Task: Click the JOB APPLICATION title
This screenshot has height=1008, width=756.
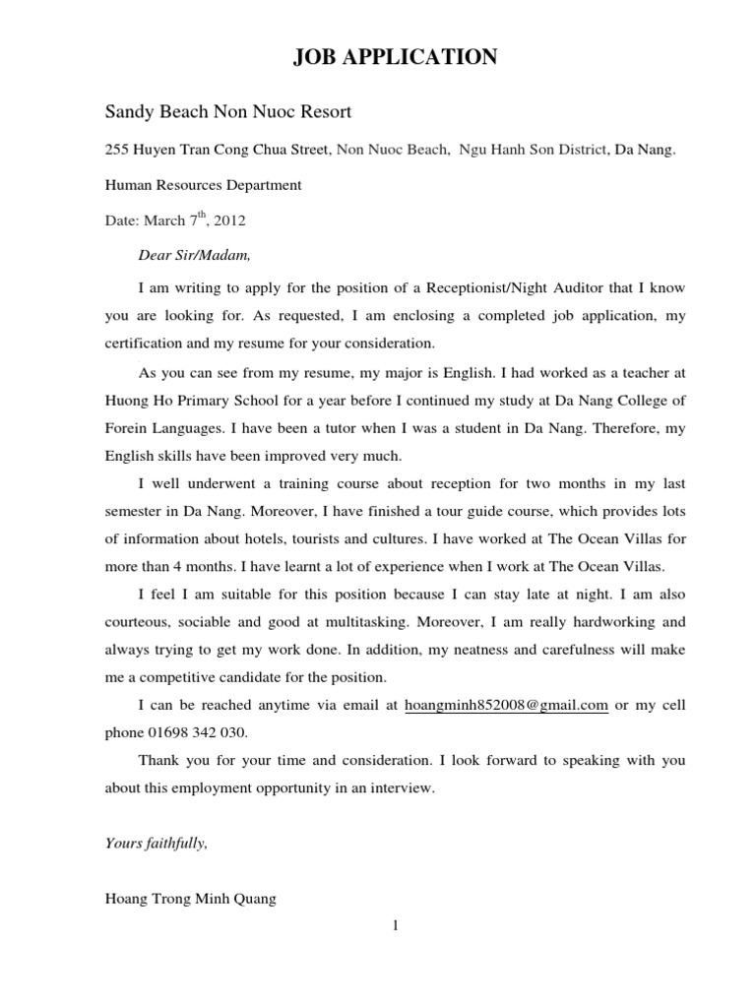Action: (x=395, y=58)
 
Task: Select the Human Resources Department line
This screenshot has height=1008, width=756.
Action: (x=204, y=184)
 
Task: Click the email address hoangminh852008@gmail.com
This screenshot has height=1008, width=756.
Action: (x=507, y=706)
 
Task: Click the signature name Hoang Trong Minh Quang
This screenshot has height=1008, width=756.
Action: (x=191, y=898)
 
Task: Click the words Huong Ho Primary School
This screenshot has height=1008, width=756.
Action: (x=182, y=401)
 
